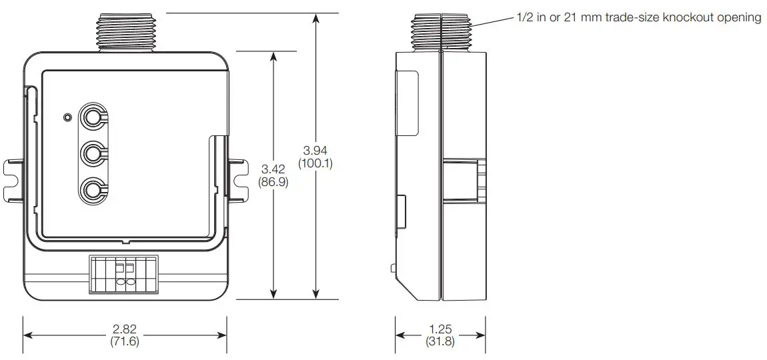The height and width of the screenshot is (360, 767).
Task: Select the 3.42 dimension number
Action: tap(273, 169)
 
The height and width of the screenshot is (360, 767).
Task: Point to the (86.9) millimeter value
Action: tap(273, 181)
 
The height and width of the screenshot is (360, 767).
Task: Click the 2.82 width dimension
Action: tap(125, 330)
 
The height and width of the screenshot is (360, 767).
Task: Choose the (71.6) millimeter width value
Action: tap(125, 342)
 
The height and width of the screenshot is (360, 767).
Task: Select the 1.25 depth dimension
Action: tap(441, 330)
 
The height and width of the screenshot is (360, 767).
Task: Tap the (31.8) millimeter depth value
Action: tap(441, 342)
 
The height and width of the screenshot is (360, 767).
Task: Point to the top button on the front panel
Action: tap(92, 118)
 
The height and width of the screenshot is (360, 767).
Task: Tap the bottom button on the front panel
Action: tap(92, 191)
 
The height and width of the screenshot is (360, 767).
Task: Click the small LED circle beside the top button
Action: tap(67, 117)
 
